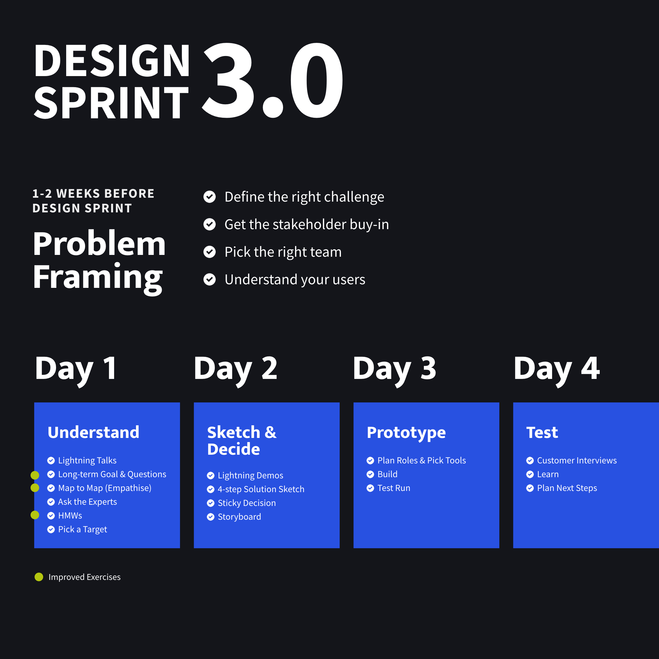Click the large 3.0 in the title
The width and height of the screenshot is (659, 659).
point(273,80)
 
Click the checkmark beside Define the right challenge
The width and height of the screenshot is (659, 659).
point(209,197)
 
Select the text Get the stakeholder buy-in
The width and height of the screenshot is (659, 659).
point(307,224)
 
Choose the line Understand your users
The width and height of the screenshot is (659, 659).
point(295,280)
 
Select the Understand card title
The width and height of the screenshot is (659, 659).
point(93,432)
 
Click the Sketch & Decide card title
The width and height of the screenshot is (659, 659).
point(242,441)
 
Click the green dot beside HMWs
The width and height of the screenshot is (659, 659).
point(35,515)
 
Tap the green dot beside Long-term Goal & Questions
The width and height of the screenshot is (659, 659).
point(35,475)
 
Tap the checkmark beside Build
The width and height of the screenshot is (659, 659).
point(370,474)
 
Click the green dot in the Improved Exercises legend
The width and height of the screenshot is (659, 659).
point(39,577)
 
